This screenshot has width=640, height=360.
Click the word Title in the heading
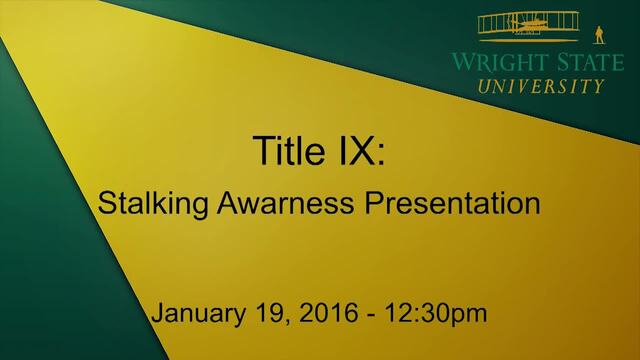[289, 150]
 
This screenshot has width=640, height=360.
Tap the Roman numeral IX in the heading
[354, 150]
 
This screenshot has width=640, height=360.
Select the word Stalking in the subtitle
[153, 204]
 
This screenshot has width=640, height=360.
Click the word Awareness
[285, 203]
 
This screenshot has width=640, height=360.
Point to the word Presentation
[452, 203]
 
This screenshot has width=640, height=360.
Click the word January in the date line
[198, 314]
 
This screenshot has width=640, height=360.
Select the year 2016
[329, 313]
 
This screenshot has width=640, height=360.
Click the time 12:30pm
[436, 314]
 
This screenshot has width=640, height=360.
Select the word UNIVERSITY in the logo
[541, 86]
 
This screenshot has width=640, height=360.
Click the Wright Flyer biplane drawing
[529, 26]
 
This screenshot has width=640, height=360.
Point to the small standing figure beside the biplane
[599, 35]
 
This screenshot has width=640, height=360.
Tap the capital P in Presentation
[374, 203]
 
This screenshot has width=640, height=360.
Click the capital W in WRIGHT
[462, 62]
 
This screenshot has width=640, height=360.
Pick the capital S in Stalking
[107, 203]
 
